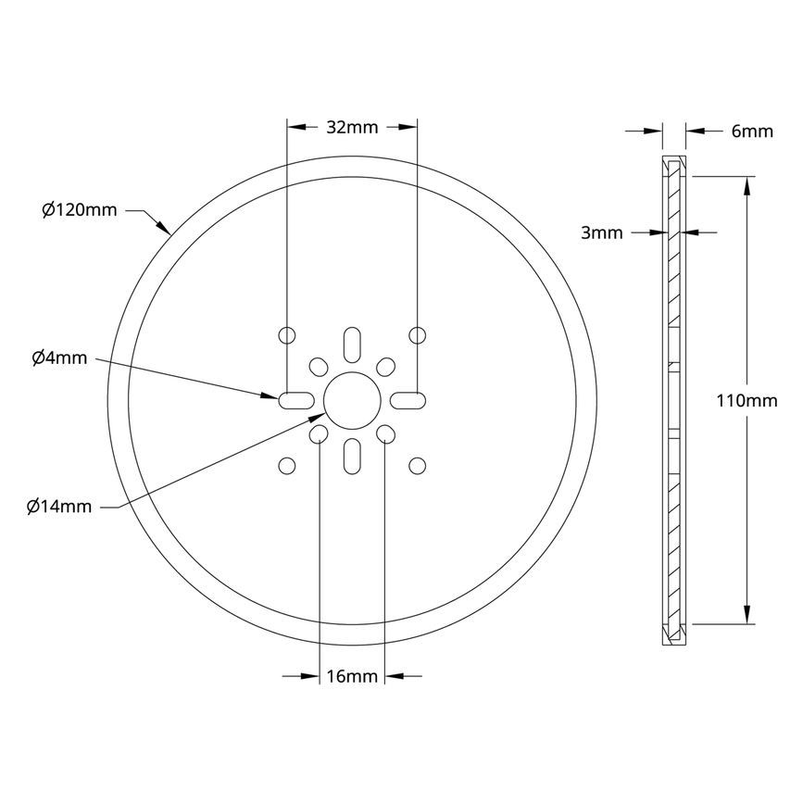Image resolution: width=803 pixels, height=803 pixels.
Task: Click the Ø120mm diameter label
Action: (x=80, y=209)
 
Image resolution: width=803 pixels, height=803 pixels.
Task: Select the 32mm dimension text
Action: (x=352, y=128)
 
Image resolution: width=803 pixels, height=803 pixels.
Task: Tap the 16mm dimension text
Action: (x=352, y=676)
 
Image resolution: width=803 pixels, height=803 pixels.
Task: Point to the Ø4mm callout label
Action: (x=59, y=358)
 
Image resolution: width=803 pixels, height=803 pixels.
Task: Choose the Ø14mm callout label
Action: (x=60, y=506)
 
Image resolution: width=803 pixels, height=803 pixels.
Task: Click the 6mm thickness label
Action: (x=751, y=132)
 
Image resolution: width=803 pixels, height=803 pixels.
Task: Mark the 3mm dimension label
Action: (x=601, y=232)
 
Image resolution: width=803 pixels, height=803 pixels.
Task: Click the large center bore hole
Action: (x=352, y=399)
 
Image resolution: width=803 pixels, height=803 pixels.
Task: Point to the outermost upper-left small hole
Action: (x=287, y=334)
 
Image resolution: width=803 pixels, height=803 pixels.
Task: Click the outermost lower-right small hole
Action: (x=417, y=464)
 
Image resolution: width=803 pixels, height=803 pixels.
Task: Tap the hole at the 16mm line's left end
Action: (x=319, y=433)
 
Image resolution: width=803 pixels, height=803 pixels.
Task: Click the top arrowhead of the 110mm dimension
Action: (x=747, y=185)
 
